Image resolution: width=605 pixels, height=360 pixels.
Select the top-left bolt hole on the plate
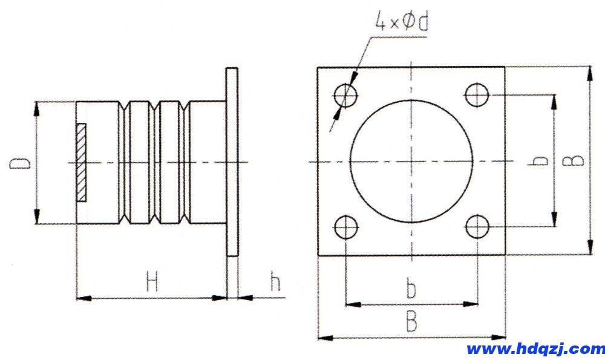click(x=345, y=95)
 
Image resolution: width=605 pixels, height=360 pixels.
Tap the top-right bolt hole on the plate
click(x=477, y=95)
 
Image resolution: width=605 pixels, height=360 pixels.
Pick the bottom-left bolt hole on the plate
click(x=345, y=227)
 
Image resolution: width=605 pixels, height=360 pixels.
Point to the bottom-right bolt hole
click(x=477, y=227)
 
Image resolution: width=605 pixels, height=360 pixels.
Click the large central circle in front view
click(x=411, y=162)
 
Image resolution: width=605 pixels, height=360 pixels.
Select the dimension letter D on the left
click(x=22, y=163)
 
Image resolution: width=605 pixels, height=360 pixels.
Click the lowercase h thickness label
click(x=275, y=281)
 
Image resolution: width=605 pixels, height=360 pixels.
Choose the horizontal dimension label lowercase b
click(x=411, y=290)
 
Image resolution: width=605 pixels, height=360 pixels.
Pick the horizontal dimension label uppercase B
click(x=411, y=322)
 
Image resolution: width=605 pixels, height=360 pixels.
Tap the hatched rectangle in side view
click(x=81, y=162)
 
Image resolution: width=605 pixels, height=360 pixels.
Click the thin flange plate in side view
click(x=232, y=162)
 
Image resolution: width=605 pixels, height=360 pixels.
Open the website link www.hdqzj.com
click(x=535, y=349)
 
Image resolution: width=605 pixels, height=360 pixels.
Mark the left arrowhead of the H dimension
click(x=82, y=298)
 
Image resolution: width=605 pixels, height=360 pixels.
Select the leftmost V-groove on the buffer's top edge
click(x=125, y=106)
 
